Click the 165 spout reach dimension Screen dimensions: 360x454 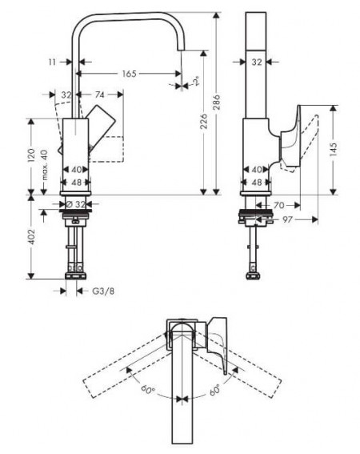[129, 74]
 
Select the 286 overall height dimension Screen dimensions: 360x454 [217, 102]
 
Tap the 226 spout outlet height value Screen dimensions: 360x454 [204, 121]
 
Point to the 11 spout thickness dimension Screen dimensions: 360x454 [52, 62]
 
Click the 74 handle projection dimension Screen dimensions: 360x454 [99, 94]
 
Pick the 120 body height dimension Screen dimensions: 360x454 [31, 155]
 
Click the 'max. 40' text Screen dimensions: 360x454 [44, 164]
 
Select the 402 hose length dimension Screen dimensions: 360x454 [31, 236]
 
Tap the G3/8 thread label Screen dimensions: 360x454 [103, 291]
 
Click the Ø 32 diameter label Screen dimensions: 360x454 [76, 204]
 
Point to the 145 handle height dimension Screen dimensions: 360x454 [333, 150]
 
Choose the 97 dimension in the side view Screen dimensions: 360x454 [287, 219]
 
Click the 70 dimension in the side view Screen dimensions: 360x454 [278, 205]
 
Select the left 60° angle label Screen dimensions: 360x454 [148, 389]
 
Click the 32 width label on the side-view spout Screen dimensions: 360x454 [256, 62]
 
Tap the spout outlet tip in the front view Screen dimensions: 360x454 [181, 50]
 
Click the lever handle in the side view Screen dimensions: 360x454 [290, 136]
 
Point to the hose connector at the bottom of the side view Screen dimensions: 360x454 [254, 275]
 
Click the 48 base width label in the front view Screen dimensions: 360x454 [76, 183]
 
